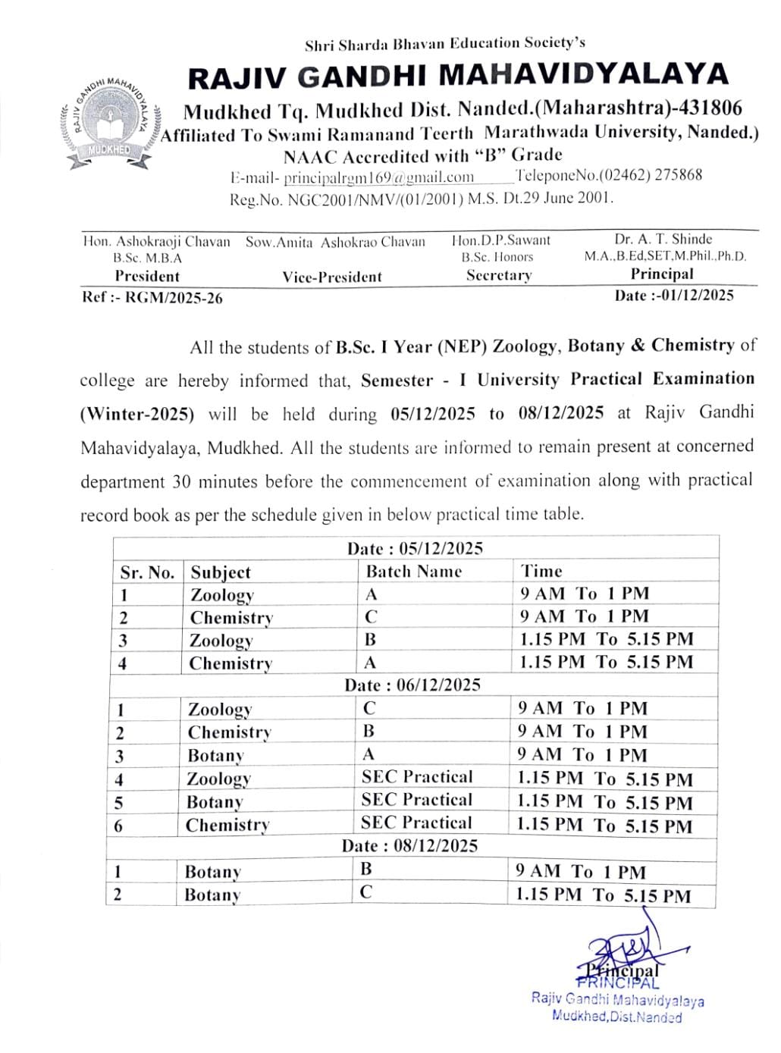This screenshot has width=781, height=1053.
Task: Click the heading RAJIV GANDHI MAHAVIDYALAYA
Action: tap(457, 76)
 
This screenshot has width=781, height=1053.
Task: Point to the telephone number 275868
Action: tap(678, 175)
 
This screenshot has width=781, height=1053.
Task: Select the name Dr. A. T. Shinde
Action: tap(663, 239)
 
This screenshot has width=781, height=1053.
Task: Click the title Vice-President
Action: tap(332, 277)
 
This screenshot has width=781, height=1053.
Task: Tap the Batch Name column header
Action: tap(413, 571)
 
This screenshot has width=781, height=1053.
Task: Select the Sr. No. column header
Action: tap(147, 572)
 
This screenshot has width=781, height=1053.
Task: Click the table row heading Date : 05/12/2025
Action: tap(415, 548)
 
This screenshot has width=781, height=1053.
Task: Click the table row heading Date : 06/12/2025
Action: tap(412, 685)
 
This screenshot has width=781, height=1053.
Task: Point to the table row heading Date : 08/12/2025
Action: tap(409, 845)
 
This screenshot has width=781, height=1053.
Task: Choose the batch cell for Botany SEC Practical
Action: tap(416, 800)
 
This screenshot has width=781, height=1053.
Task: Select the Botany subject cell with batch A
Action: tap(215, 755)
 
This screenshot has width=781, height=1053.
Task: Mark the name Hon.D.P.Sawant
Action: tap(500, 240)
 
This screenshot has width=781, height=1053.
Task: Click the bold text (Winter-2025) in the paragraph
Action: tap(137, 414)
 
